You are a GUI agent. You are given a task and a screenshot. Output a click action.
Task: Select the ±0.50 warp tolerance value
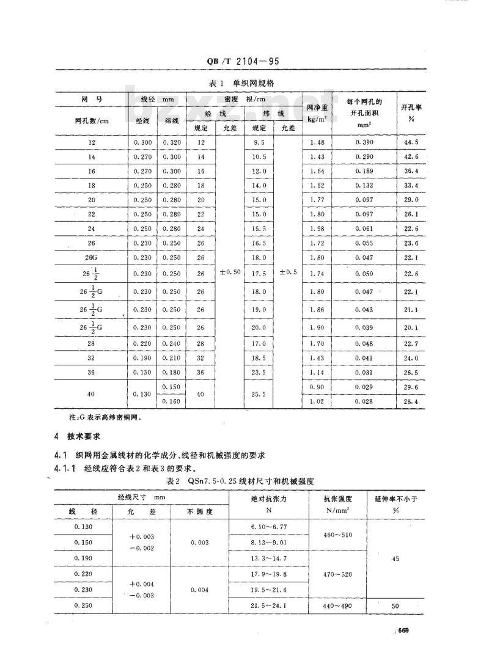point(229,272)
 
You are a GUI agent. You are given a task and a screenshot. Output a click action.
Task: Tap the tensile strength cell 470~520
point(338,575)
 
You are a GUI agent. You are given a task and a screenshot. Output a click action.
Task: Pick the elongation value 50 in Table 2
point(395,606)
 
